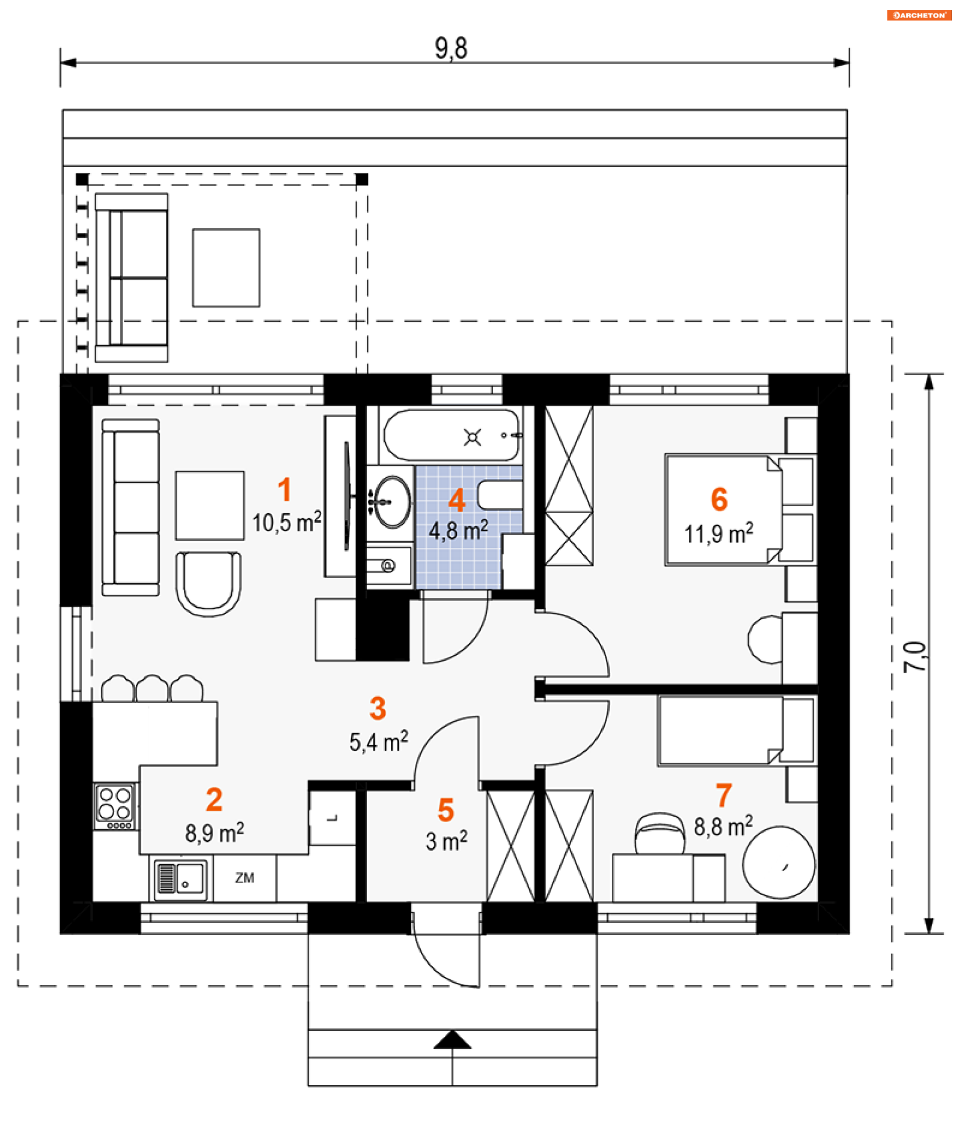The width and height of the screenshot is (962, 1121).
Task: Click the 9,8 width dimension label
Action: [450, 49]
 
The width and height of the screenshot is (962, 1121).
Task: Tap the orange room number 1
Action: [284, 490]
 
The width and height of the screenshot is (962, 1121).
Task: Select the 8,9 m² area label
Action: [214, 833]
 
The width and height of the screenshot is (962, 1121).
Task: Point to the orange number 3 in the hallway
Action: [377, 708]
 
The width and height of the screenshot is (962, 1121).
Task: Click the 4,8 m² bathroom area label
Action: [458, 530]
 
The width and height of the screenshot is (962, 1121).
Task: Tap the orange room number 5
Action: [445, 810]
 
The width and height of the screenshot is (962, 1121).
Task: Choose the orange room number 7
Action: [724, 795]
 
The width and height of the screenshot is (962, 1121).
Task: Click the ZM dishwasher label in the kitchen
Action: [245, 878]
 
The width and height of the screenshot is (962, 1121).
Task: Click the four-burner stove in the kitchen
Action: [115, 806]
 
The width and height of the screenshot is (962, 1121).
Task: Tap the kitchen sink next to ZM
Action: [180, 877]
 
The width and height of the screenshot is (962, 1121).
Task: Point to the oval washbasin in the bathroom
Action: [392, 502]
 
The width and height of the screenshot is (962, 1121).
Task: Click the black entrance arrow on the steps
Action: [452, 1039]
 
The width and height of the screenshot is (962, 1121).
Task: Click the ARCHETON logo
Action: [919, 15]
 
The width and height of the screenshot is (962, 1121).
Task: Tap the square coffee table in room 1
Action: [209, 505]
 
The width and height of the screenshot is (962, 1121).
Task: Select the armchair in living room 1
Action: [208, 583]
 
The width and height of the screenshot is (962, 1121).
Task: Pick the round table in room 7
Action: [779, 862]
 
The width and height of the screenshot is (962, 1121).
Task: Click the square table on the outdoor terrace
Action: [226, 268]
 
